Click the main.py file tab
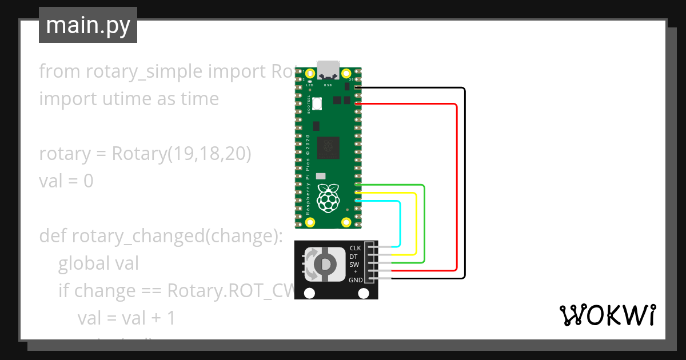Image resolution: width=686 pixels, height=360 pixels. (88, 25)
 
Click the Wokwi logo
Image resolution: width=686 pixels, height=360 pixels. (607, 315)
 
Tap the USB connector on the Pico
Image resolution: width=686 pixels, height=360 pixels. (328, 70)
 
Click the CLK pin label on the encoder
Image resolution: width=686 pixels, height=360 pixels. (355, 249)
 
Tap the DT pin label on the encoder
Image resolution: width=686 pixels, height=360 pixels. (354, 257)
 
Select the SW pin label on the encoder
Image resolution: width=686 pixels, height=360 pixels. (354, 265)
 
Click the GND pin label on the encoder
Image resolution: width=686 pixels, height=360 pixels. (356, 280)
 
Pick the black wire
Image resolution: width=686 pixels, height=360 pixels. (465, 183)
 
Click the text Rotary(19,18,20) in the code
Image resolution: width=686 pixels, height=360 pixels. (181, 154)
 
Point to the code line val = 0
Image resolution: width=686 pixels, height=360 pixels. (66, 181)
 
